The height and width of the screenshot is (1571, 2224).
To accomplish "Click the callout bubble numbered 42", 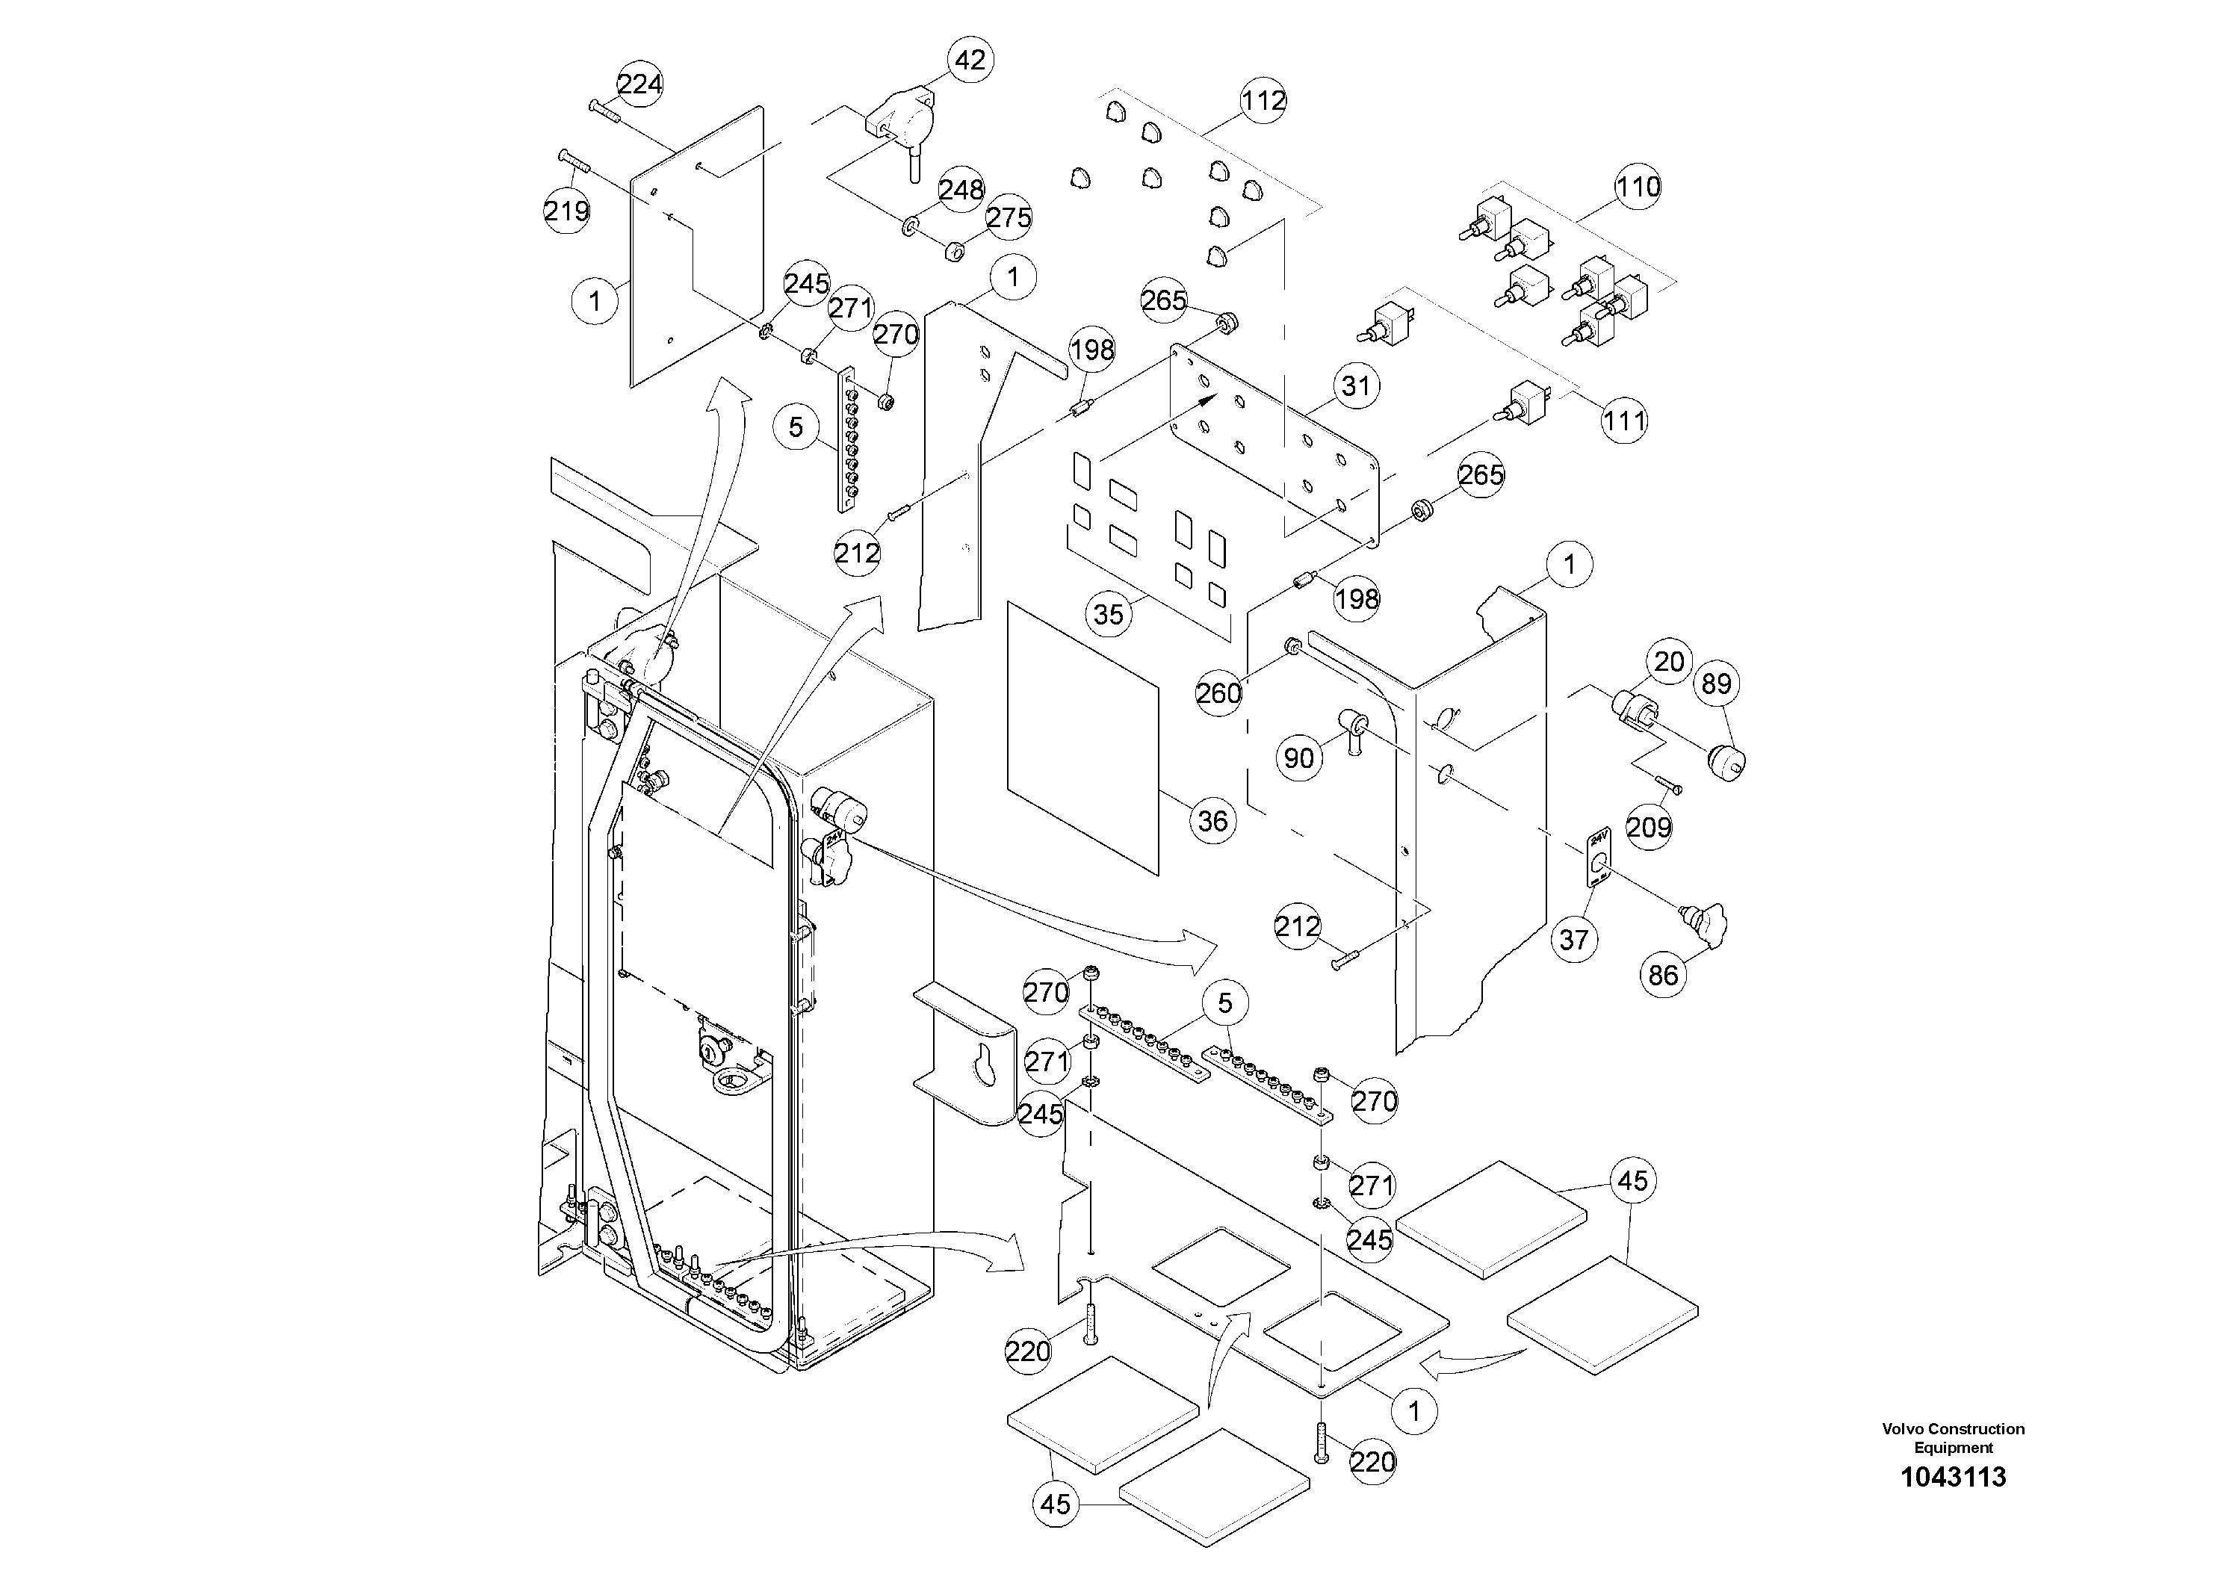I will click(970, 60).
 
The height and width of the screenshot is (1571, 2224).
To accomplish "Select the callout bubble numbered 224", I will click(639, 84).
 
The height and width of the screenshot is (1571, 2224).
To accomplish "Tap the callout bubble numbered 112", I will click(1263, 100).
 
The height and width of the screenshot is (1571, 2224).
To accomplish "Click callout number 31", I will click(1355, 385).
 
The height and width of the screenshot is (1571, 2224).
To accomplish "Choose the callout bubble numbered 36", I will click(1212, 820).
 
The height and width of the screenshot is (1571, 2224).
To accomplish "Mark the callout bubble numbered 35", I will click(1108, 613).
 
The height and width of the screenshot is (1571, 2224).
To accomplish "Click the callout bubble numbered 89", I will click(1715, 684).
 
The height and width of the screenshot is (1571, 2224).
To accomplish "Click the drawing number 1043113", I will click(1953, 1477).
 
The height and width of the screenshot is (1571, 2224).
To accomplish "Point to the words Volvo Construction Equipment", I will click(1953, 1437).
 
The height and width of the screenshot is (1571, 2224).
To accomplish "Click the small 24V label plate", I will click(1598, 856).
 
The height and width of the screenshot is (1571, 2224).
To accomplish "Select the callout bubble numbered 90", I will click(1299, 757).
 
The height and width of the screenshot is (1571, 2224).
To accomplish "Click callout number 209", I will click(1649, 826).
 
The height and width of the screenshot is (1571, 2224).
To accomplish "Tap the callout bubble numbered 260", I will click(1218, 692).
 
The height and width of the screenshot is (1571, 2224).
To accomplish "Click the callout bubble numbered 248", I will click(961, 189).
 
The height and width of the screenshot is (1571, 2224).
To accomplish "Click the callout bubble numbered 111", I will click(1624, 421).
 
